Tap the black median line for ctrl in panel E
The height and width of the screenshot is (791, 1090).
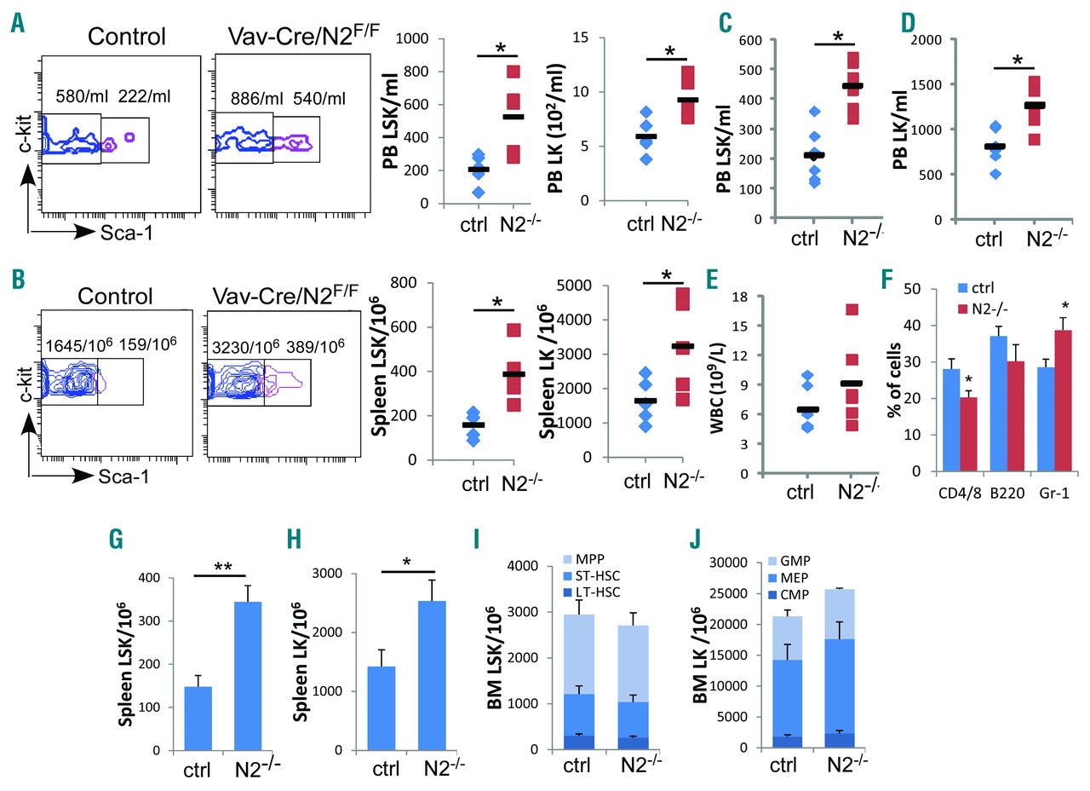[808, 410]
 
